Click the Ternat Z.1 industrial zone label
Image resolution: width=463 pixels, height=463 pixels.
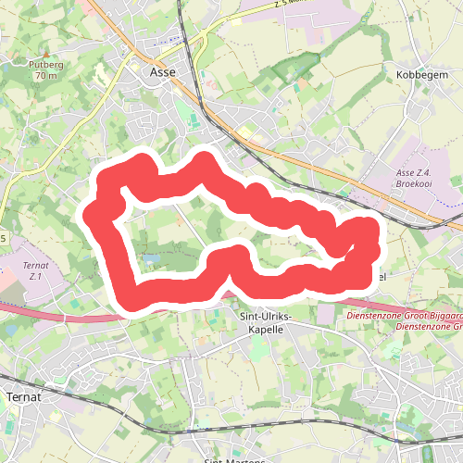pyautogui.click(x=34, y=271)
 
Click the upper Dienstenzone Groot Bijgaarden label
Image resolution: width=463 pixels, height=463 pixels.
pyautogui.click(x=403, y=316)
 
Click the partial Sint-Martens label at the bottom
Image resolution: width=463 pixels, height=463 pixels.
pyautogui.click(x=227, y=460)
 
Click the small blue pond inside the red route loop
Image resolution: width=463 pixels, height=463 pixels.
pyautogui.click(x=153, y=257)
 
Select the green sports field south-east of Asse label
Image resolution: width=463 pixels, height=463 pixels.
pyautogui.click(x=191, y=121)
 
